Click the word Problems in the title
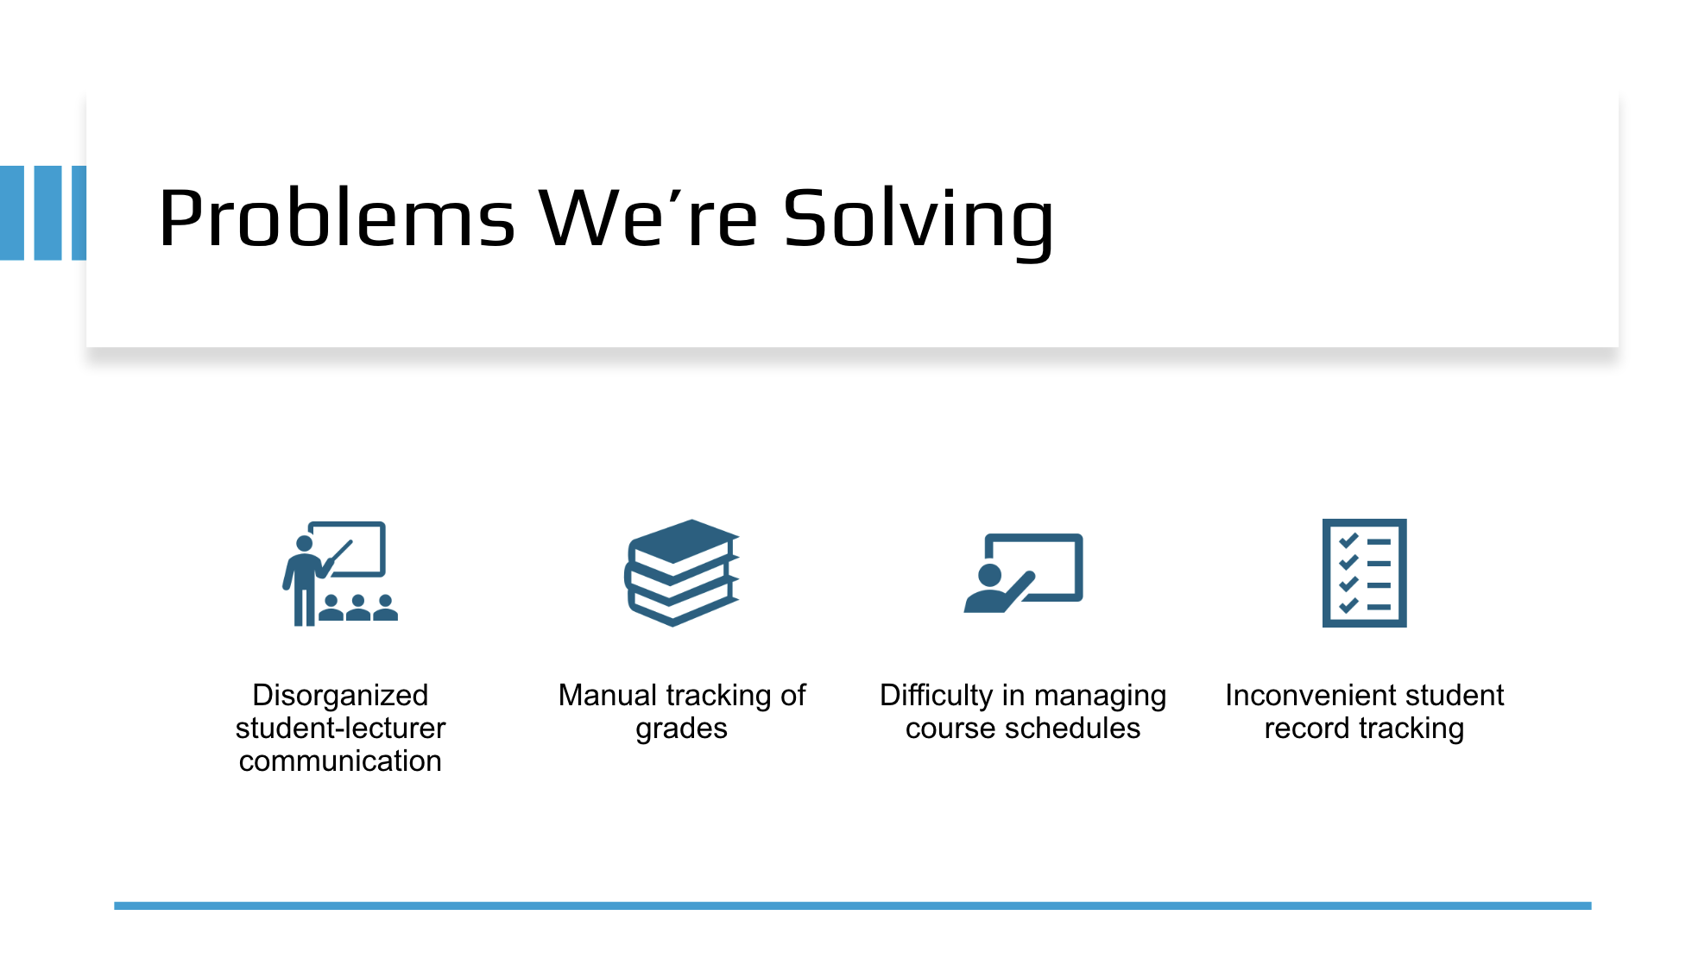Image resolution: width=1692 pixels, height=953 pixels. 337,218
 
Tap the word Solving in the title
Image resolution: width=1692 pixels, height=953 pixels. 919,223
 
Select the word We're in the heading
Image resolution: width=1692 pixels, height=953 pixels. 648,218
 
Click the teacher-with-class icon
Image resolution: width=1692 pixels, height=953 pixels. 340,573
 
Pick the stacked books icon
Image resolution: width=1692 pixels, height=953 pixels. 682,572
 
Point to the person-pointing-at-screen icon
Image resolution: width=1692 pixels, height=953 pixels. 1023,573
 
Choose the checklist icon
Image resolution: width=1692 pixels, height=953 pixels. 1364,573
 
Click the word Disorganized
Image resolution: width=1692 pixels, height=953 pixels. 340,695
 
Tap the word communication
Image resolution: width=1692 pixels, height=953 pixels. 340,761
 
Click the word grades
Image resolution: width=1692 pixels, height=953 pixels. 682,729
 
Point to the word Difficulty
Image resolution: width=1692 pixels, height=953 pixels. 937,695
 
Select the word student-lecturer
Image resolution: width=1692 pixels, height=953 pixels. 340,728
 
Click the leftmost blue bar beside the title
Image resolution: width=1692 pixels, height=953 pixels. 12,213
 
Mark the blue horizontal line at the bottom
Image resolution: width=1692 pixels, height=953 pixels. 853,906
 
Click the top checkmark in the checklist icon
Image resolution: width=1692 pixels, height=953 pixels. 1348,541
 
